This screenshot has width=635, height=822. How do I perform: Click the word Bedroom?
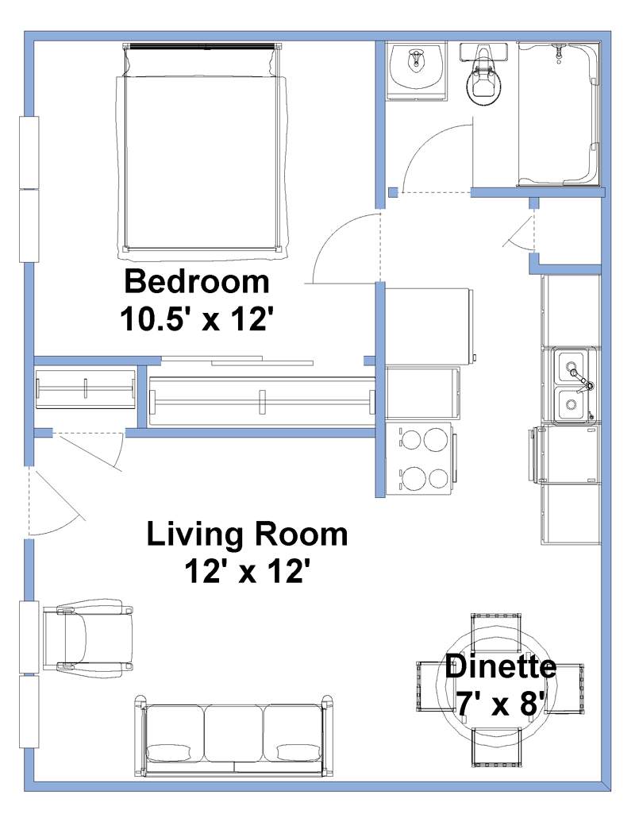[x=196, y=282]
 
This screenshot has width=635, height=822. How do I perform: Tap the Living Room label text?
[x=247, y=534]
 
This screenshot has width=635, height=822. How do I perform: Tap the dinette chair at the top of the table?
[x=497, y=632]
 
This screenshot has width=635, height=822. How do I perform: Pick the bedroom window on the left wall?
[x=29, y=188]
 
